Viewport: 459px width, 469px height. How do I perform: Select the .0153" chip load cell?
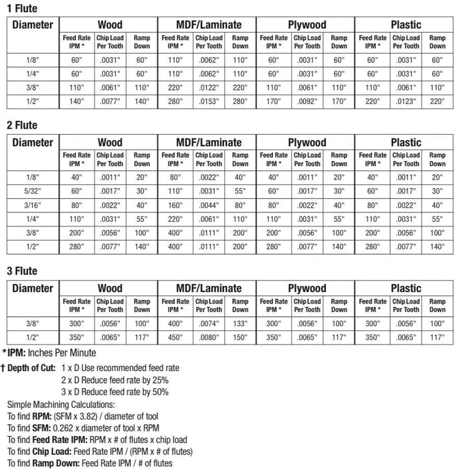pos(208,102)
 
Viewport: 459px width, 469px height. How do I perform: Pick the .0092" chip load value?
pos(307,102)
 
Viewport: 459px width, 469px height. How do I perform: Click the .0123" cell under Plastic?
pos(405,102)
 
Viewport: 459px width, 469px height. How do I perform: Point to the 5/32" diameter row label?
pos(32,191)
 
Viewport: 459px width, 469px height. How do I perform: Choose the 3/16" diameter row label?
pos(32,205)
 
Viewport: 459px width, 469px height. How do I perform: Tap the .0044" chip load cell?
pos(208,205)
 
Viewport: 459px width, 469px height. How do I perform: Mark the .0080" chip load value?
pos(208,338)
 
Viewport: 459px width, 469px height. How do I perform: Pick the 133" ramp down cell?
pos(240,324)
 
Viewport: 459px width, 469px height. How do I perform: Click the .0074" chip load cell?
pos(208,324)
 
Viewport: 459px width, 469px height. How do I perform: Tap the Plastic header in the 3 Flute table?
pos(405,289)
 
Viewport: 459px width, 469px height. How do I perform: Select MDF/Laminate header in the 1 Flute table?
pos(208,25)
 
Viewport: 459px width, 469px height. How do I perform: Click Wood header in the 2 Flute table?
pos(110,142)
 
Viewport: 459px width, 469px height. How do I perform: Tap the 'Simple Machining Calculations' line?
pos(62,405)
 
